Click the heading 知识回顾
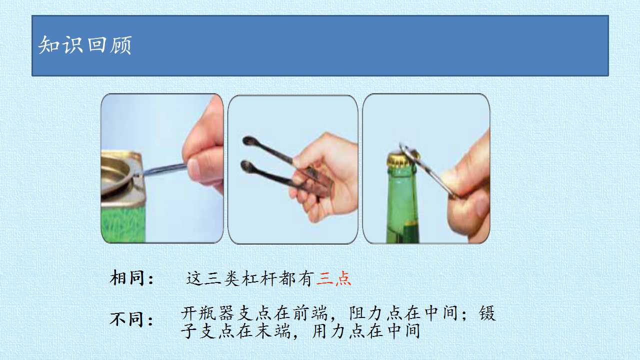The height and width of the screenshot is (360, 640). coord(85,45)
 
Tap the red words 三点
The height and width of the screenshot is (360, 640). coord(333,278)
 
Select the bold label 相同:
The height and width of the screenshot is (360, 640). coord(131,277)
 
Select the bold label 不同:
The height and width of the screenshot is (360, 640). coord(131,319)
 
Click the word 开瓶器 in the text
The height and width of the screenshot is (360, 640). coord(209,313)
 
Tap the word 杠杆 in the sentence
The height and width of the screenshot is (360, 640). coord(259,278)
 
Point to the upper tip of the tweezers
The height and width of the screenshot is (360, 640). coord(247,140)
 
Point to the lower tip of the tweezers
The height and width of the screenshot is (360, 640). coord(245,165)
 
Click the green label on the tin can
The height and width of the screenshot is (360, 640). coord(123,224)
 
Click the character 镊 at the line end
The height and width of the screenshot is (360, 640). coord(487,313)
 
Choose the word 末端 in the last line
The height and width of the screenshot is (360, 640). coord(272,331)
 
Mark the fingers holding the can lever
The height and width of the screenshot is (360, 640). coord(203,160)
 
